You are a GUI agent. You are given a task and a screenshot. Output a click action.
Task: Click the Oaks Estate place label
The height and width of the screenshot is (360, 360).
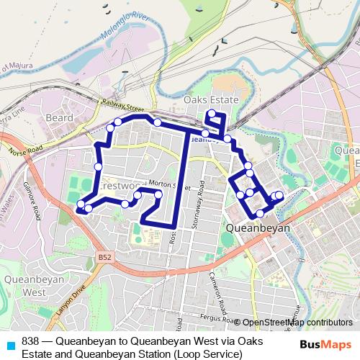click(x=211, y=99)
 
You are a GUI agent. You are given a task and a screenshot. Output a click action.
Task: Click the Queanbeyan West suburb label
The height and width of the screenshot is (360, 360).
click(x=25, y=286)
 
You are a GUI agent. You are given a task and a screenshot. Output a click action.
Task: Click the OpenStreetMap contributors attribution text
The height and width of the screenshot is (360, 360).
click(x=297, y=323)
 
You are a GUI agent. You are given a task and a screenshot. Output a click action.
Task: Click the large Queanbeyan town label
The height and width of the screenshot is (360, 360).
click(x=258, y=228)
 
